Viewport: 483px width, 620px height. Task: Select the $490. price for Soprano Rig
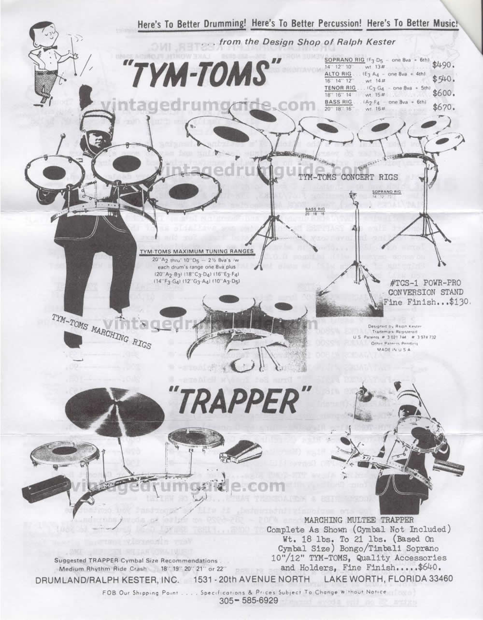443,64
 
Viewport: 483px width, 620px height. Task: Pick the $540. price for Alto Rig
443,79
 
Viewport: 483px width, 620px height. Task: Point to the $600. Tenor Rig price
443,94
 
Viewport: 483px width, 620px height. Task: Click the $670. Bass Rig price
443,107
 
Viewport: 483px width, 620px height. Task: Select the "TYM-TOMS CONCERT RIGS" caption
332,177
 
